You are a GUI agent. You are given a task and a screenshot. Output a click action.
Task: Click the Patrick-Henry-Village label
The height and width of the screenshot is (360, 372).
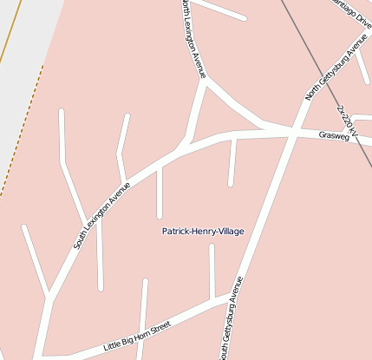203,231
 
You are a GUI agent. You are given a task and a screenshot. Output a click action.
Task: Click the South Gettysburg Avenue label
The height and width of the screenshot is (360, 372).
231,319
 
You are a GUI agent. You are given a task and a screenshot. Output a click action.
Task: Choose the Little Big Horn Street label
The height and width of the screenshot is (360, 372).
137,334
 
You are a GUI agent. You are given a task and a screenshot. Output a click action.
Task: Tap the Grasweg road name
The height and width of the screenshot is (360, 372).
333,136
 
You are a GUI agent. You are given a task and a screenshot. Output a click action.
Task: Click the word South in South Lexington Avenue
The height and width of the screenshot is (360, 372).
81,240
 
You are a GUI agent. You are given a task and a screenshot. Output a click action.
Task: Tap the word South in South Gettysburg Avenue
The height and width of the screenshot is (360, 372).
224,348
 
